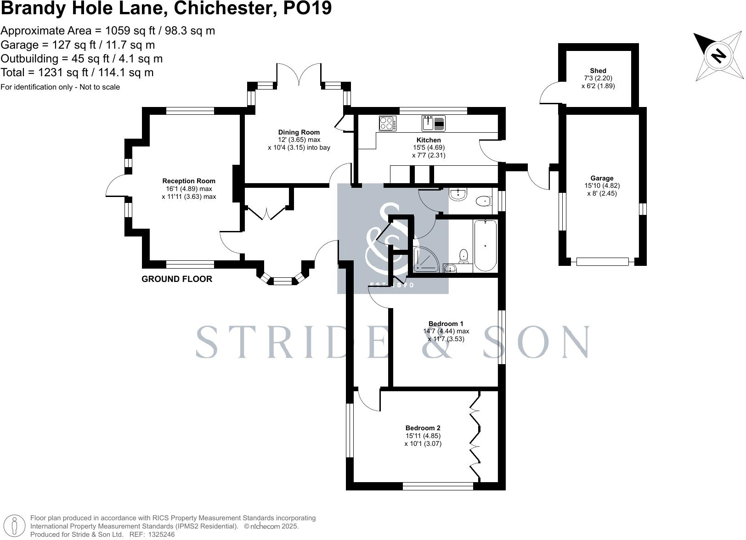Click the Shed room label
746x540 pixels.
pyautogui.click(x=598, y=71)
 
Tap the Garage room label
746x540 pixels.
pyautogui.click(x=602, y=178)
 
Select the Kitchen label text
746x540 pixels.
pyautogui.click(x=429, y=140)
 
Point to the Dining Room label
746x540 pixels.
pyautogui.click(x=299, y=132)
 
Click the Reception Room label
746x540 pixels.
pyautogui.click(x=189, y=181)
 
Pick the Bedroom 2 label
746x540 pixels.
pyautogui.click(x=423, y=428)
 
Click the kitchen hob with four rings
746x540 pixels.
pyautogui.click(x=388, y=123)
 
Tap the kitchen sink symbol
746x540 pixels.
pyautogui.click(x=433, y=123)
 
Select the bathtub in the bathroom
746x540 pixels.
pyautogui.click(x=485, y=246)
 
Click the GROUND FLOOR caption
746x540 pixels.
pyautogui.click(x=177, y=279)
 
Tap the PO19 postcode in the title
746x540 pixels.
pyautogui.click(x=307, y=8)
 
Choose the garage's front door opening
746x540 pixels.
pyautogui.click(x=603, y=262)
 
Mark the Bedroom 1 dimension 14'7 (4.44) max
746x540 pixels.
pyautogui.click(x=446, y=331)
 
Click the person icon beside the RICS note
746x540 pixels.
pyautogui.click(x=14, y=526)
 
